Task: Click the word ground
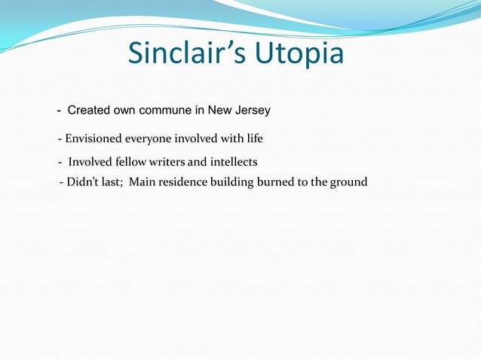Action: point(349,182)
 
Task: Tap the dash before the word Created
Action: point(60,111)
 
